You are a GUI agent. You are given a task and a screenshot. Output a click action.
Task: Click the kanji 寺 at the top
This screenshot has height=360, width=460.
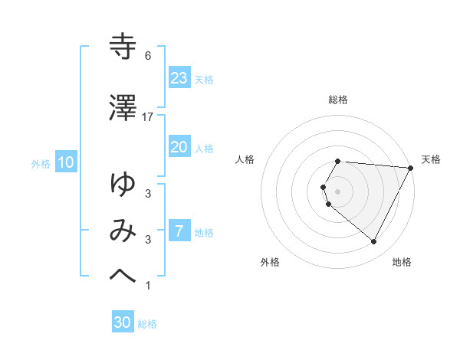pos(123,47)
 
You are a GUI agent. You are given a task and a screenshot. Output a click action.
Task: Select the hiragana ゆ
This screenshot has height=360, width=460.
pos(123,185)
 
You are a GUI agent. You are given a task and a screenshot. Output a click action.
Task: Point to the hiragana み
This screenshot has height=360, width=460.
pos(123,231)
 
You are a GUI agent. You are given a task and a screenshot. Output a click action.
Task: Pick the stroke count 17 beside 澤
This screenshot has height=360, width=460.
pos(148,116)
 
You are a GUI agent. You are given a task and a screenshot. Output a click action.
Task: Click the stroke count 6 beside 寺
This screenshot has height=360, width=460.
pos(148,56)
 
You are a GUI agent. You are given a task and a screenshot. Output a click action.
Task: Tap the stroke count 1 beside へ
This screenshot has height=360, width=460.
pos(148,286)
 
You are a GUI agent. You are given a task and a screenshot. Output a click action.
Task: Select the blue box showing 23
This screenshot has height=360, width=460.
pos(179,77)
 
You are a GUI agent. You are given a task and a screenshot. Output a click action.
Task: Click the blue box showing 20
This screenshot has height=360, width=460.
pos(179,147)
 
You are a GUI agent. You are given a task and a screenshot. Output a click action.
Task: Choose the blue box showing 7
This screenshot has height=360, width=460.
pos(179,231)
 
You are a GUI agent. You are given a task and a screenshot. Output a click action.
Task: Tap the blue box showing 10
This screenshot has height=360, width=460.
pos(65,162)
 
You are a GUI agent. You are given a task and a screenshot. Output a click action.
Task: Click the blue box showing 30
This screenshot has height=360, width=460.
pos(122,323)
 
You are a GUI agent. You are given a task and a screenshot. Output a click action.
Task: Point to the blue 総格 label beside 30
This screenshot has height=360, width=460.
pos(147,324)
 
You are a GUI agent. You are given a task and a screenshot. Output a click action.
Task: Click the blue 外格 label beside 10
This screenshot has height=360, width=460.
pos(41,163)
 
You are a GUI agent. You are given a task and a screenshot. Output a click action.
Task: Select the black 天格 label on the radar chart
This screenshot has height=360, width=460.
pos(431,159)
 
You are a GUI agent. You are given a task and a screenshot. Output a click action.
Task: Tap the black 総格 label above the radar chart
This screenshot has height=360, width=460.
pos(338,100)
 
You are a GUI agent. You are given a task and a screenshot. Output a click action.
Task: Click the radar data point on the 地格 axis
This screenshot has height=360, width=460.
pos(374,242)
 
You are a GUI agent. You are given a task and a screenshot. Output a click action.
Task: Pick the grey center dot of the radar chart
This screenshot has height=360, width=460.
pos(338,191)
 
